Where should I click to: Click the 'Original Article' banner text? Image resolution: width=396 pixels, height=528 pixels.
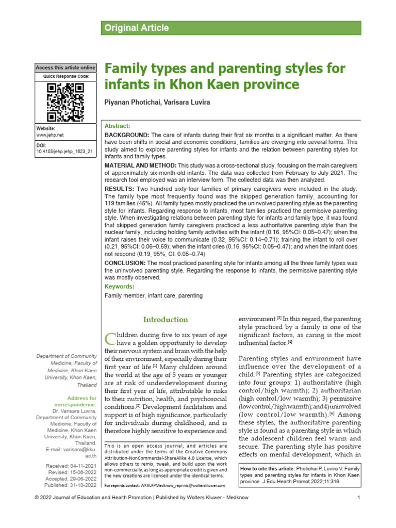coord(137,28)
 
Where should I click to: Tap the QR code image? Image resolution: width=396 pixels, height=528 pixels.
coord(65,102)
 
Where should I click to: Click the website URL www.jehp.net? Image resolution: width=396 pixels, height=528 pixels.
coord(49,135)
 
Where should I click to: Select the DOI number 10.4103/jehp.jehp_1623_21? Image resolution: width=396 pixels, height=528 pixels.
coord(64,152)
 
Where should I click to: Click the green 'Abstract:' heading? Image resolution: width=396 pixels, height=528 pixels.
coord(118,126)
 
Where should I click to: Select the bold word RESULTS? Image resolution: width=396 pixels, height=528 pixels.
coord(119,189)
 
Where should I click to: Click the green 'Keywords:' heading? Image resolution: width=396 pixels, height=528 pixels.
coord(119,286)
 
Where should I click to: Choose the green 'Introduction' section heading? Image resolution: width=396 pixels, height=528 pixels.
coord(166,320)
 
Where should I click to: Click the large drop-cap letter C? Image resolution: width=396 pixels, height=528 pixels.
coord(110,338)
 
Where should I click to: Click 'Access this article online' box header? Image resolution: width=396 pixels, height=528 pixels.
coord(65,68)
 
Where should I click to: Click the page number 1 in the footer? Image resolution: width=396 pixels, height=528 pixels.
coord(358,511)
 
